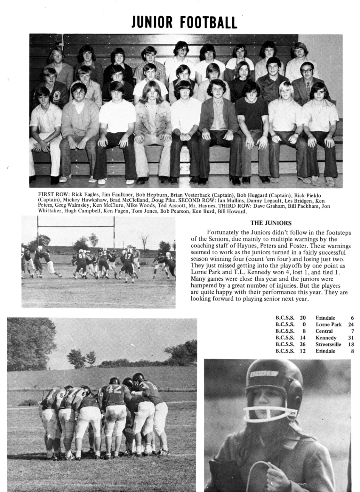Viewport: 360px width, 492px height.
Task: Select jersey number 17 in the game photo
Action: (127, 256)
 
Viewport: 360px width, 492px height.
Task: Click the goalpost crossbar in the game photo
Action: (76, 227)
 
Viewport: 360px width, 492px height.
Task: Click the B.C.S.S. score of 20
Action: (302, 318)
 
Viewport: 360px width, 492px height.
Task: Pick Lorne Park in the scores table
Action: (329, 324)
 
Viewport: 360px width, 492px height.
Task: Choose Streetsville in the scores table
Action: (328, 344)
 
